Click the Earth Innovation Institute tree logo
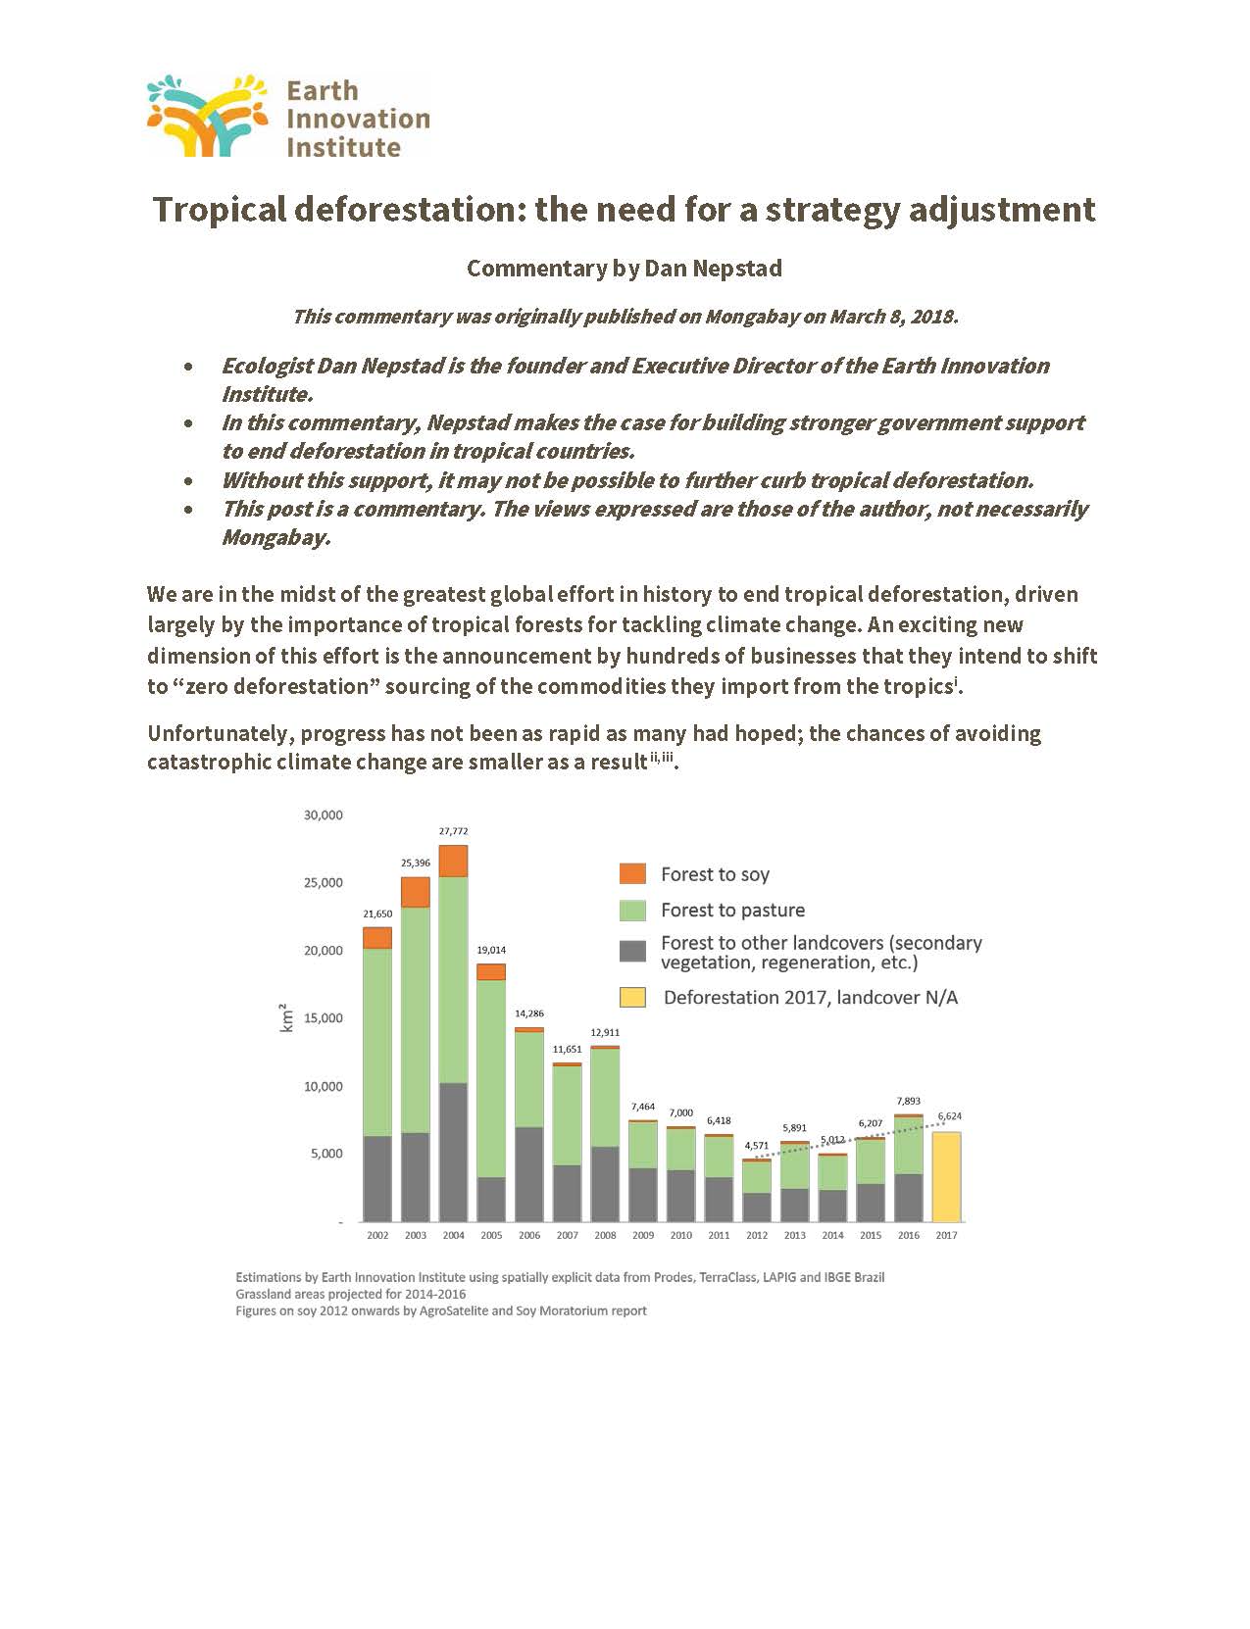point(208,116)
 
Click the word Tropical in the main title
point(220,211)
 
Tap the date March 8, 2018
point(893,317)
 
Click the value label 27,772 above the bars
point(453,831)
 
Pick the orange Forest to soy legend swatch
point(632,874)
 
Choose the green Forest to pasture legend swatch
point(632,911)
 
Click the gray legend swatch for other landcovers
point(632,952)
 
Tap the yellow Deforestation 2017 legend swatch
point(632,998)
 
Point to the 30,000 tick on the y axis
point(324,814)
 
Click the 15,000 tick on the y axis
point(324,1018)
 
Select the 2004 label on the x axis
point(453,1235)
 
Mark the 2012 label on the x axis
point(757,1235)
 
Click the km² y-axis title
point(285,1018)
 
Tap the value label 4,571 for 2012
point(756,1146)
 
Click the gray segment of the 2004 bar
point(453,1153)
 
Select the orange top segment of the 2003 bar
point(416,892)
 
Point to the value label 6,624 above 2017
point(949,1116)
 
